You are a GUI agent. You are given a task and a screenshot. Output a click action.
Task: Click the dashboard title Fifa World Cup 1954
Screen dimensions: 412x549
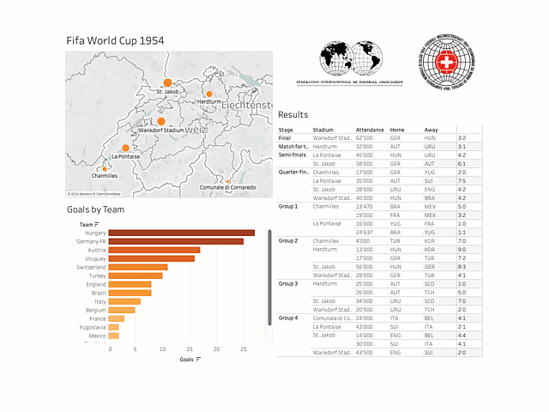tap(116, 40)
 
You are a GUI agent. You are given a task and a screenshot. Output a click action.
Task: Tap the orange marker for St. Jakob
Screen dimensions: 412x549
tap(167, 83)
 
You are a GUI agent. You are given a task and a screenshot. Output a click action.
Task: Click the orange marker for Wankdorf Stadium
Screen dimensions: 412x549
tap(160, 122)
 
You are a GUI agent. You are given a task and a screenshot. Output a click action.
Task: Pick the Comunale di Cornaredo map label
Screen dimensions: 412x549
tap(227, 187)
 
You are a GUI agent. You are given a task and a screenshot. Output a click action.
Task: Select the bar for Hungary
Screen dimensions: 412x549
tap(182, 233)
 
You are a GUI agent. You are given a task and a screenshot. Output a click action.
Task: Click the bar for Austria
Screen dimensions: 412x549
tap(154, 250)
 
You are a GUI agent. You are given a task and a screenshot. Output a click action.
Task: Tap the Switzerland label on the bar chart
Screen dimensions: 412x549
tap(90, 267)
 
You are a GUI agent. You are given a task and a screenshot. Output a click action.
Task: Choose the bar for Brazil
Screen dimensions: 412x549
tap(130, 293)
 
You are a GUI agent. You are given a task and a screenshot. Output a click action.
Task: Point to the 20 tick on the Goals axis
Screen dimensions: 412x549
tap(217, 349)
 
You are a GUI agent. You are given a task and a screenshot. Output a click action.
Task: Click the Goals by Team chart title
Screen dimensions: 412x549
tap(96, 209)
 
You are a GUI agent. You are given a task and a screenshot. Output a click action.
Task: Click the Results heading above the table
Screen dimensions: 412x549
tap(293, 115)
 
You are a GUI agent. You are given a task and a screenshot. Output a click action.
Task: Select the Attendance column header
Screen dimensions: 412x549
tap(370, 130)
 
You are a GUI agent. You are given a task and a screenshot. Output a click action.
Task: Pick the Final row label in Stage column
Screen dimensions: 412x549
tap(285, 137)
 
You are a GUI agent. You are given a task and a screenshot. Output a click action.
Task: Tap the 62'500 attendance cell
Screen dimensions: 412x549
tap(370, 137)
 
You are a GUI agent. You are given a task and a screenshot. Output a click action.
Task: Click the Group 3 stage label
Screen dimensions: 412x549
tap(288, 283)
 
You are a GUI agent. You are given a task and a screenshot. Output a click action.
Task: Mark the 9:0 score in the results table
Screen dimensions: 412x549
tap(462, 249)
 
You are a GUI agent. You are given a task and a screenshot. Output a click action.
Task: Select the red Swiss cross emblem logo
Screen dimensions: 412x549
tap(447, 63)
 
